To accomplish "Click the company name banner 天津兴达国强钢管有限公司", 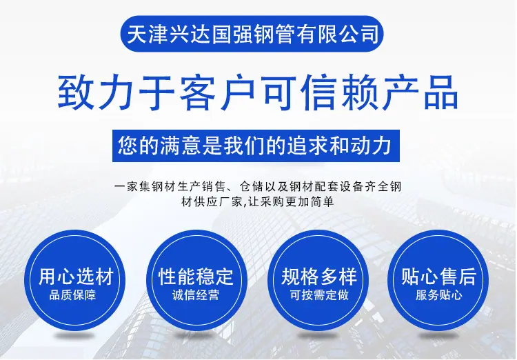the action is tap(252, 34).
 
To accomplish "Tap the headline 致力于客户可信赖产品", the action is tap(258, 92).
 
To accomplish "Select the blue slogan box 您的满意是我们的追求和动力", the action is tap(256, 146).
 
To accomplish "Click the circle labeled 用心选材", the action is tap(75, 280).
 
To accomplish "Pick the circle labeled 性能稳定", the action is tap(196, 280).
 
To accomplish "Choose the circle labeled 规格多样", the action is tap(318, 280).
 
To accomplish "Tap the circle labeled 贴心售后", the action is tap(438, 280).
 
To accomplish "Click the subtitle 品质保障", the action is tap(72, 295).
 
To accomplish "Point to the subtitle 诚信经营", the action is tap(196, 295).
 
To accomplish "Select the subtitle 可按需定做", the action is tap(319, 295).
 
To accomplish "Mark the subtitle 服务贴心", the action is tap(438, 295).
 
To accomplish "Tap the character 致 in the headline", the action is tap(75, 92).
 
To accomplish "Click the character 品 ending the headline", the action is tap(441, 92).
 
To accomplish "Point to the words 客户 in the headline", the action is tap(217, 92).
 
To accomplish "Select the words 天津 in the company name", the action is tap(147, 34).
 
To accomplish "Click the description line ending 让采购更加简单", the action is tap(258, 201).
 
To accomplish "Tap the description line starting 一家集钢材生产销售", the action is tap(258, 187).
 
